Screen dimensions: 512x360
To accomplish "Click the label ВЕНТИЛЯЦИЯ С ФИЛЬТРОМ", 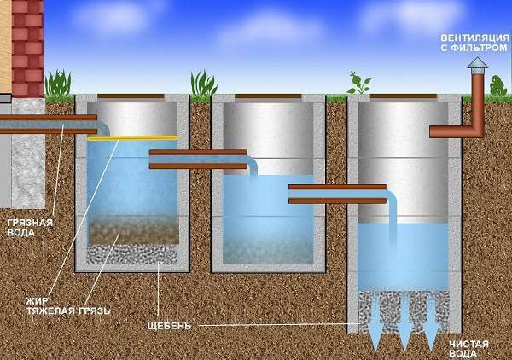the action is (474, 44).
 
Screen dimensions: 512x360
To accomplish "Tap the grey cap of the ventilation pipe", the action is (477, 63).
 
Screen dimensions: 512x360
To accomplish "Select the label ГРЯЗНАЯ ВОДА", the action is (30, 228).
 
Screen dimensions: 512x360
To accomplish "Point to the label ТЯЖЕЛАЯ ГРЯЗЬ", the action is (68, 311).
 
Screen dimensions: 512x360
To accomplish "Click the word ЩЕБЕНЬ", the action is (169, 326).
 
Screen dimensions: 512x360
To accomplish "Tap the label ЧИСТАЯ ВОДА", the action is (468, 349).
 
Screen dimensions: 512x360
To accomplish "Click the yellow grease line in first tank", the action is (132, 138).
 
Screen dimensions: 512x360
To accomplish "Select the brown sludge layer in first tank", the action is (133, 231).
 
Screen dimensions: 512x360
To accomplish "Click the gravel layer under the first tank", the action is (132, 254).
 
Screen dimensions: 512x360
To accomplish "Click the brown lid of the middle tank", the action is (268, 96).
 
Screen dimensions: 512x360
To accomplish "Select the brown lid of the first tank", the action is (131, 96).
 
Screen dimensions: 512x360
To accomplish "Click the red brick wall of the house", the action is (28, 49).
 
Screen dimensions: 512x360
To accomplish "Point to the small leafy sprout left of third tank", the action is (358, 83).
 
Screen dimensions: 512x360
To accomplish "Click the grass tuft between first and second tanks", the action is (203, 84).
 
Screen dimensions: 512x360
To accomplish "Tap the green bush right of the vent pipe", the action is (497, 85).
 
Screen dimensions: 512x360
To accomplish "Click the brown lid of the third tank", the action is (404, 96).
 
